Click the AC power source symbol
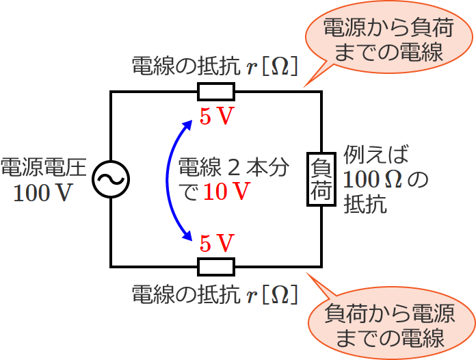111,179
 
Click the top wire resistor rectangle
216,92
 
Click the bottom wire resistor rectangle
216,266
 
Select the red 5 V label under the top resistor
217,116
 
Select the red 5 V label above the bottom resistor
217,242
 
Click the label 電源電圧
43,167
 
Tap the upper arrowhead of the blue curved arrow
188,123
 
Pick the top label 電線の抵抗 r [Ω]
214,66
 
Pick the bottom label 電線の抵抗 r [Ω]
214,294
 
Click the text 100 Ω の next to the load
386,179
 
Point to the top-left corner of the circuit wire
111,92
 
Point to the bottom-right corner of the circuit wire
321,266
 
